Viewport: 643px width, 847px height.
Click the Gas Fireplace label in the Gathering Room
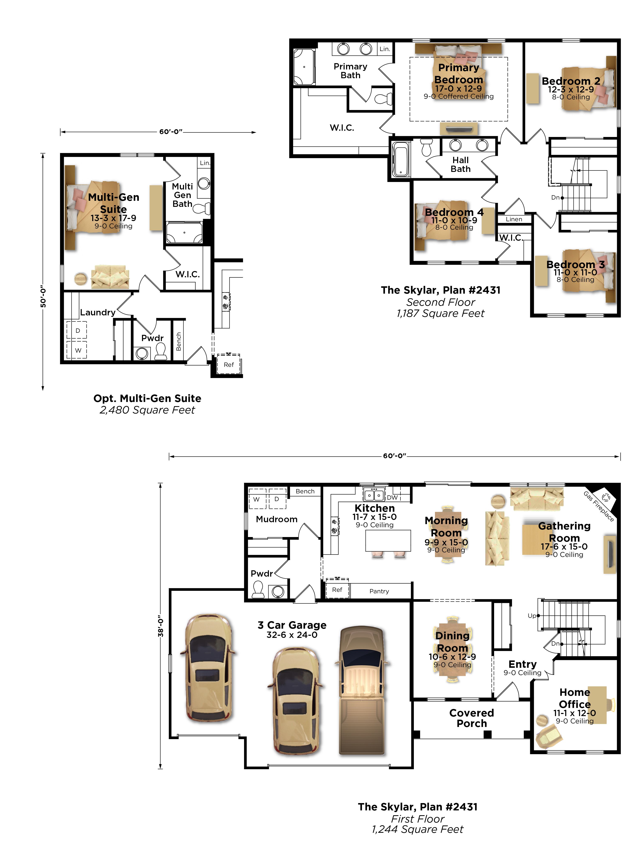coord(599,506)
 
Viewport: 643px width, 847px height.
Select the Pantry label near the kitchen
coord(379,591)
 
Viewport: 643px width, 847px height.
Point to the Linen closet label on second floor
coord(514,219)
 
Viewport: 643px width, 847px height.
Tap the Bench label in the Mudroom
coord(305,491)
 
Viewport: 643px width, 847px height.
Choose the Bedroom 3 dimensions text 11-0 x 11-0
coord(575,272)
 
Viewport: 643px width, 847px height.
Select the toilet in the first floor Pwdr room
coord(258,589)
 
